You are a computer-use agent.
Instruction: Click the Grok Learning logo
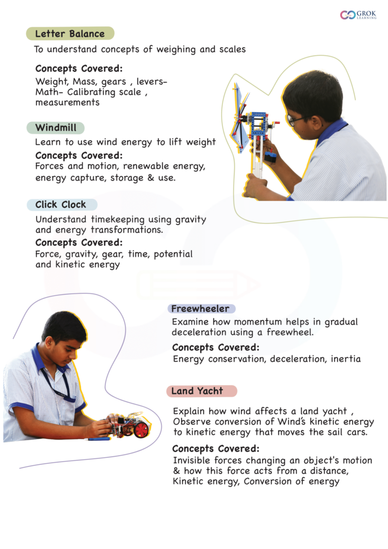tap(358, 14)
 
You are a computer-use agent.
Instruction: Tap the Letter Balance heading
tap(70, 34)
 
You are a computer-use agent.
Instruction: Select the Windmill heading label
tap(56, 128)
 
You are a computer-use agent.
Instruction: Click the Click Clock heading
tap(61, 204)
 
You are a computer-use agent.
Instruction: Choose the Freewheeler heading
tap(200, 308)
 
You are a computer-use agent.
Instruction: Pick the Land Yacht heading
tap(197, 391)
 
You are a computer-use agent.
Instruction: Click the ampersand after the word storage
tap(151, 177)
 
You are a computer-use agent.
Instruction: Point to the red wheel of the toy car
tap(141, 429)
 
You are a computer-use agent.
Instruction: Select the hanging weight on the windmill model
tap(270, 158)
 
